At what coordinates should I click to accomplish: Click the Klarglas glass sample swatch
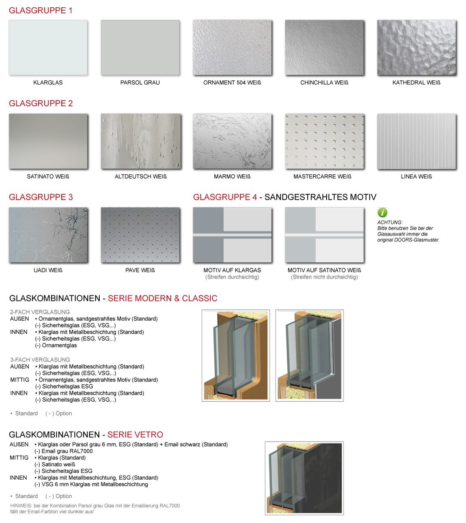tap(48, 47)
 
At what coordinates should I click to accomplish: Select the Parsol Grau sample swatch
tap(140, 47)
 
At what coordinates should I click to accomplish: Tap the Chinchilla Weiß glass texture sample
tap(324, 47)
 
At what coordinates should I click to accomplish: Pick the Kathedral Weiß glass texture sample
tap(417, 47)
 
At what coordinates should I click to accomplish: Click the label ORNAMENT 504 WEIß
tap(232, 83)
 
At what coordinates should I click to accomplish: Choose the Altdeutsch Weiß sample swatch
tap(141, 141)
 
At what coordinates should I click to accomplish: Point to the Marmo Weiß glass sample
tap(232, 141)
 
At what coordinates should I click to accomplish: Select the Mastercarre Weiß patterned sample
tap(324, 141)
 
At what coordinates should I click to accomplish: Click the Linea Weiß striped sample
tap(417, 141)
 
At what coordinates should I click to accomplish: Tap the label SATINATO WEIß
tap(48, 177)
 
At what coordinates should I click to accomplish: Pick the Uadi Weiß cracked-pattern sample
tap(48, 235)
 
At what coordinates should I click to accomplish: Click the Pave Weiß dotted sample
tap(140, 235)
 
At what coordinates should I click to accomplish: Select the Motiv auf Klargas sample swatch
tap(232, 235)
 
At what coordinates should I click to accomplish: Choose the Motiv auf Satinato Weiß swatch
tap(324, 235)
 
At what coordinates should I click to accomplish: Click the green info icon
tap(382, 212)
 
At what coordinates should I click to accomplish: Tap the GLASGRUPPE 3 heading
tap(41, 197)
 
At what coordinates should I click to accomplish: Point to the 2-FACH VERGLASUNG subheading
tap(40, 312)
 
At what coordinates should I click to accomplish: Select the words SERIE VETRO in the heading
tap(135, 435)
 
